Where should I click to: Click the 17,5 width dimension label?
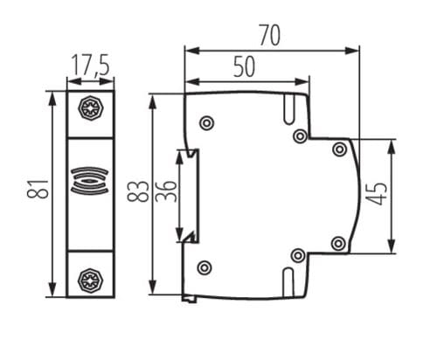(91, 66)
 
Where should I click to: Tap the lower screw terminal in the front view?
(90, 279)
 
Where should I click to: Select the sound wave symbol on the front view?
(90, 180)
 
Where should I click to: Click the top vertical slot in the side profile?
(288, 107)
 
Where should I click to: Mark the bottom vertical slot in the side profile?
(288, 280)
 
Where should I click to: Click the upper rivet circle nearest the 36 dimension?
(205, 123)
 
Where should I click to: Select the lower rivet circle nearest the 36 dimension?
(205, 267)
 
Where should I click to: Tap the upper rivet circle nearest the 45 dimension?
(339, 149)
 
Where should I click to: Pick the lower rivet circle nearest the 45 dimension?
(339, 242)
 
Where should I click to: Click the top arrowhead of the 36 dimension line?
(181, 155)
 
